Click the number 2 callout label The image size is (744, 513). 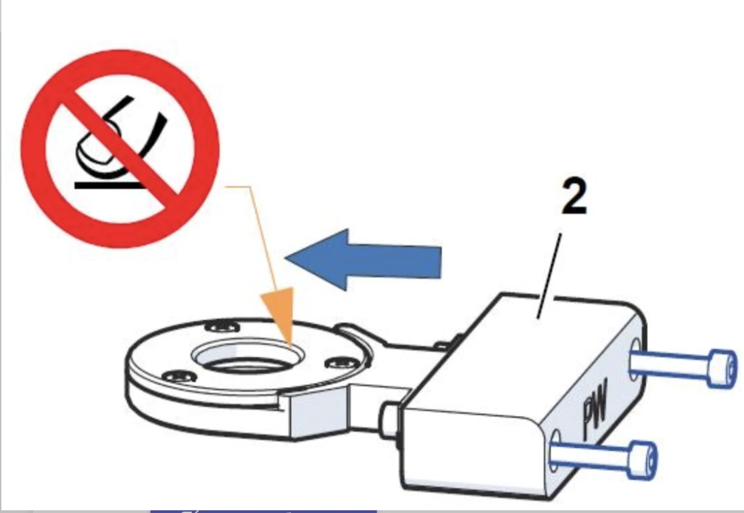pos(573,197)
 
